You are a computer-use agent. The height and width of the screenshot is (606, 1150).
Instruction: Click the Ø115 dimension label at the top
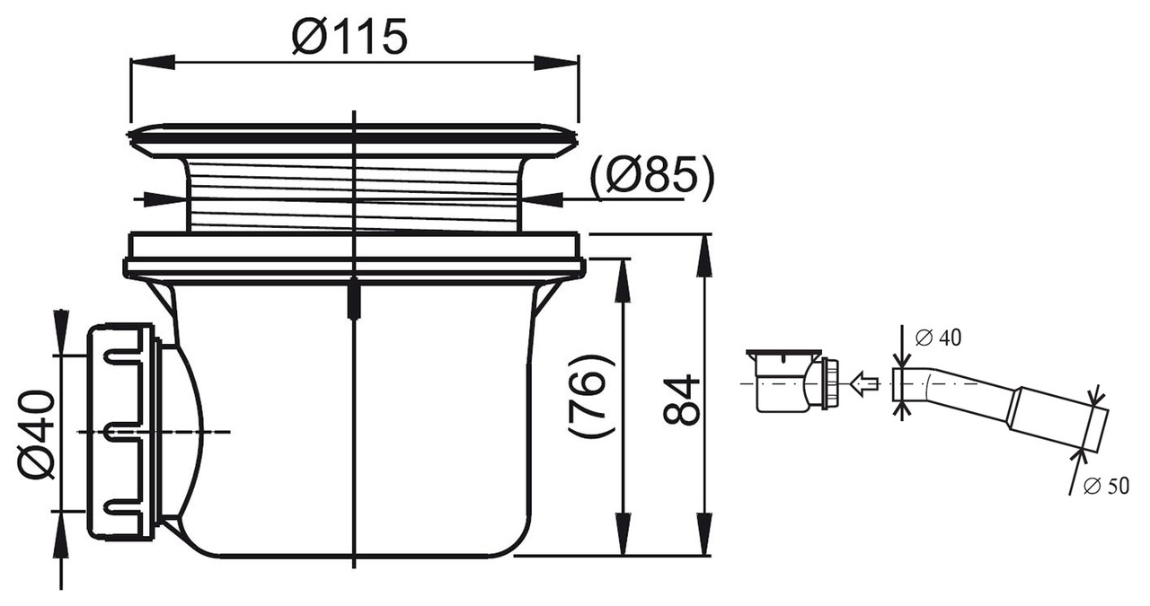click(350, 37)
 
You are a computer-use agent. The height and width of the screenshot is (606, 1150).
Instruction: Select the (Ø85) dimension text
click(652, 177)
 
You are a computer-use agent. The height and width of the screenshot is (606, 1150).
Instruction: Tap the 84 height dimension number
click(681, 400)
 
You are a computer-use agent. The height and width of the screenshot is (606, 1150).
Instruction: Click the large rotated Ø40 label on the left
click(36, 434)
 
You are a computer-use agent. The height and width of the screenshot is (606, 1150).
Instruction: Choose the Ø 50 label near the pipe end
click(1106, 487)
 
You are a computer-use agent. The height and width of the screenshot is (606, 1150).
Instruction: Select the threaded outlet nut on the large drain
click(122, 432)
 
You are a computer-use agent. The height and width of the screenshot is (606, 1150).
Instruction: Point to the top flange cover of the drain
click(353, 136)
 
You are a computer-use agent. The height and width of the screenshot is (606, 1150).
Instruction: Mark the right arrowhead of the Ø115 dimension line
click(557, 62)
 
